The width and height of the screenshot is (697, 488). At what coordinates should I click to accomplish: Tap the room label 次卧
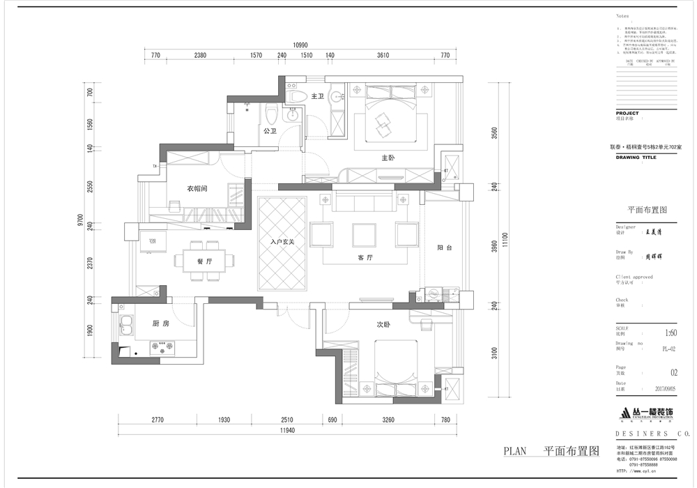pyautogui.click(x=385, y=324)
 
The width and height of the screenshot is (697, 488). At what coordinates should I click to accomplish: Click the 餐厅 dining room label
pyautogui.click(x=194, y=261)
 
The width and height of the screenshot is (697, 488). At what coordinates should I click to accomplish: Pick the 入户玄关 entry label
pyautogui.click(x=283, y=243)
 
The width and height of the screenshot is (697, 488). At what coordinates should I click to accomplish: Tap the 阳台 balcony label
pyautogui.click(x=445, y=247)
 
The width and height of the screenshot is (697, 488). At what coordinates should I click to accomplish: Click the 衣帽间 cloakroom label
pyautogui.click(x=197, y=189)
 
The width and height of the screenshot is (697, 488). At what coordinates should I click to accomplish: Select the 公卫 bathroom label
pyautogui.click(x=270, y=130)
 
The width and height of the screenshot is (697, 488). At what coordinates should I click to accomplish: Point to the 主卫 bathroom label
pyautogui.click(x=318, y=96)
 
